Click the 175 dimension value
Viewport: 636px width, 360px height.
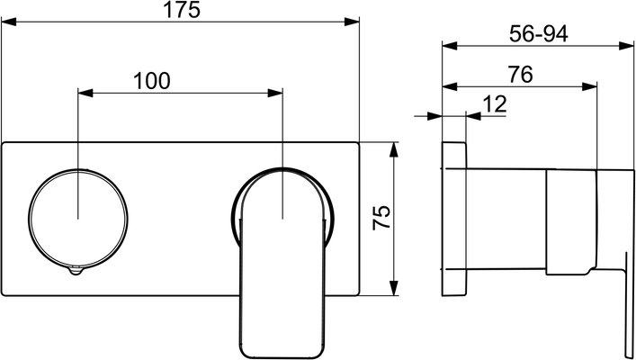click(x=182, y=10)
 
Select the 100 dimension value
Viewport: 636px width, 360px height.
click(x=152, y=81)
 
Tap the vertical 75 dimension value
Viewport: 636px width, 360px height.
click(x=381, y=218)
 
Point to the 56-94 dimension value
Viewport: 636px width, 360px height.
click(x=538, y=34)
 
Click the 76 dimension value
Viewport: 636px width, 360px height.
click(x=521, y=75)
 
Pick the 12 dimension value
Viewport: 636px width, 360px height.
click(x=495, y=104)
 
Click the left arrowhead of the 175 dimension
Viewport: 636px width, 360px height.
click(x=8, y=22)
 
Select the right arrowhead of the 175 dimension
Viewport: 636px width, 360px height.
click(x=352, y=22)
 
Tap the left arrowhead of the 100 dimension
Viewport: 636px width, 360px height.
click(x=85, y=93)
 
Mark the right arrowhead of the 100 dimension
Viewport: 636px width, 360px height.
click(x=275, y=93)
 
